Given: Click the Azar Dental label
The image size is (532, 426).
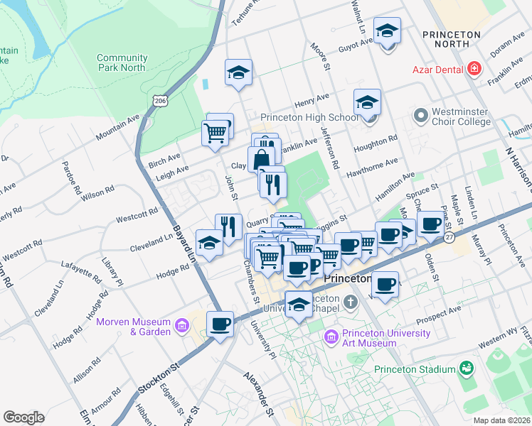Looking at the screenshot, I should (438, 69).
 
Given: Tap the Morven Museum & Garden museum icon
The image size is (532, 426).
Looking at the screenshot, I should (182, 327).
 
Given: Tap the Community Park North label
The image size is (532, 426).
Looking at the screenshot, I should (122, 62).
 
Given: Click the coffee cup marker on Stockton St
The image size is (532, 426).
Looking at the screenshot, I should (220, 324).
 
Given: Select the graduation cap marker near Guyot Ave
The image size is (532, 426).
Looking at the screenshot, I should (388, 31).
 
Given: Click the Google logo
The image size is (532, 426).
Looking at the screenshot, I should (23, 417).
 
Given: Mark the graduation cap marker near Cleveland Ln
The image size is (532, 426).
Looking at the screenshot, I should (208, 243).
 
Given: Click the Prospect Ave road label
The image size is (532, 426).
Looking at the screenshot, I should (438, 313).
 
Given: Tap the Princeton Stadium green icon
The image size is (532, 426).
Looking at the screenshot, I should (467, 368).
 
